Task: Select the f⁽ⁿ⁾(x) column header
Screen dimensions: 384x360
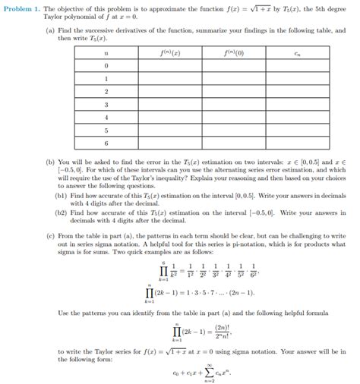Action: click(169, 52)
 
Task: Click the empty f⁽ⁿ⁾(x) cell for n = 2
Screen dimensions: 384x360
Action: click(169, 91)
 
